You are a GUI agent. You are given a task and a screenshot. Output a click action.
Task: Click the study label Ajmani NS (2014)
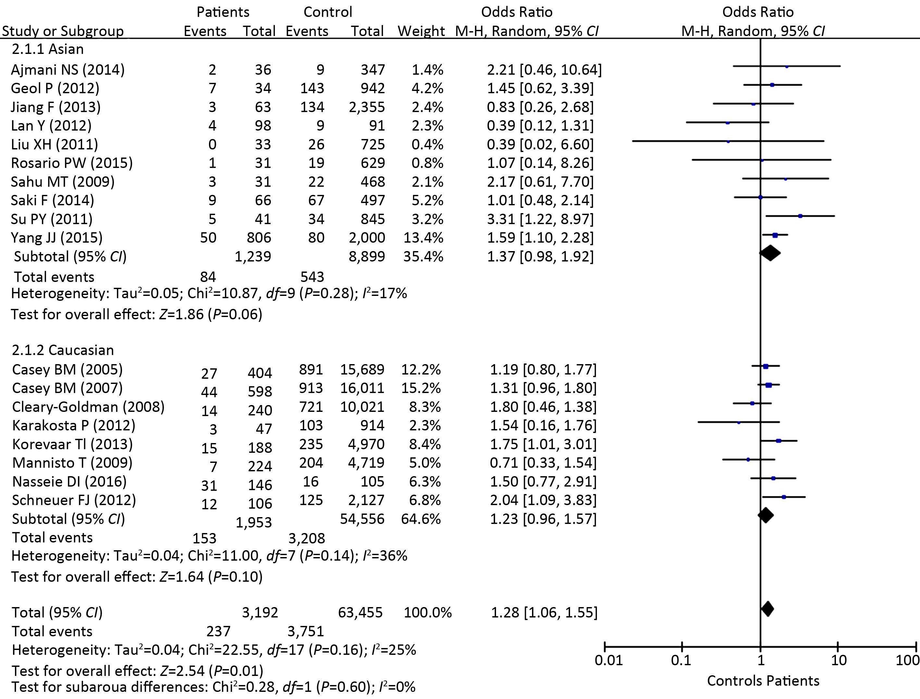(68, 70)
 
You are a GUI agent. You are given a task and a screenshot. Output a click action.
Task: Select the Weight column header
(421, 31)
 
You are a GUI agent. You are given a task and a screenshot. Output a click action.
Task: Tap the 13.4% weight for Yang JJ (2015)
(423, 237)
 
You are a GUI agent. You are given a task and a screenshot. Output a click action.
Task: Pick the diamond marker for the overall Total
(767, 609)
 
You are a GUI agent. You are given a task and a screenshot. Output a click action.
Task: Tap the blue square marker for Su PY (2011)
(800, 216)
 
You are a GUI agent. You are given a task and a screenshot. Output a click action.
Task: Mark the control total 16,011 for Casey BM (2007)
(362, 388)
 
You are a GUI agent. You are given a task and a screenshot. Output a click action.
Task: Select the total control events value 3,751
(306, 631)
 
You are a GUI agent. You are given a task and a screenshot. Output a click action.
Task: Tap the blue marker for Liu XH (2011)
(728, 142)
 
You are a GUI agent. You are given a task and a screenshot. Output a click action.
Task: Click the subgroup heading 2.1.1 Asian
(48, 49)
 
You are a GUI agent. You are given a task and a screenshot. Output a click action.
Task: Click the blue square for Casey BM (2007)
(769, 385)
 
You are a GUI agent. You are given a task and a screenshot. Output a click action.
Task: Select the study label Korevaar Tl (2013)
(72, 444)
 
